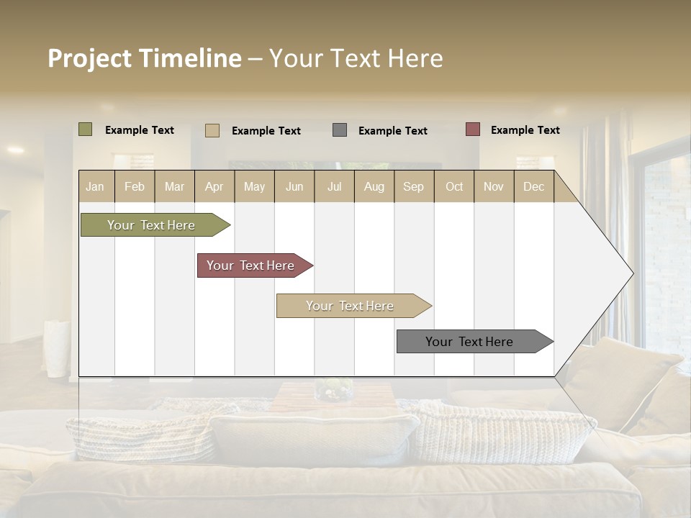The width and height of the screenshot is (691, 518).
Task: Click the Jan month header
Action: coord(96,186)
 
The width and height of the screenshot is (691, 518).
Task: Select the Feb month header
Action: coord(135,186)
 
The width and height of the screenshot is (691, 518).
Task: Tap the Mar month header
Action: coord(174,186)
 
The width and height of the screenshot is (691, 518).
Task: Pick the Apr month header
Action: coord(214,186)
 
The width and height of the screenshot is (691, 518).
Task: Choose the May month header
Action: coord(254,186)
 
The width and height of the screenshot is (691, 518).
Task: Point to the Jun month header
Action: coord(294,186)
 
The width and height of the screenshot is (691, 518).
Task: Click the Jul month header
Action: coord(334,186)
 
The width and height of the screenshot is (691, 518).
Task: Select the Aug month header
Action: coord(374,186)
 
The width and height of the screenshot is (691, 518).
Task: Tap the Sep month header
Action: coord(414,186)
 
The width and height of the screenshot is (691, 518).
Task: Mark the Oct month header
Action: coord(454,186)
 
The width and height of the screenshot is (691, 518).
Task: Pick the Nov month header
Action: coord(494,186)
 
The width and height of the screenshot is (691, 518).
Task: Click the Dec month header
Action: coord(534,186)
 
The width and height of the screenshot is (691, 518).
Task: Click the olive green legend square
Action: coord(86,129)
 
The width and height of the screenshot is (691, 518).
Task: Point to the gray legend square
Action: coord(340,130)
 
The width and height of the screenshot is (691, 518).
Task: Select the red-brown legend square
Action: coord(473,129)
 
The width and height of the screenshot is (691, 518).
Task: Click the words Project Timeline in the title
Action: coord(145,58)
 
